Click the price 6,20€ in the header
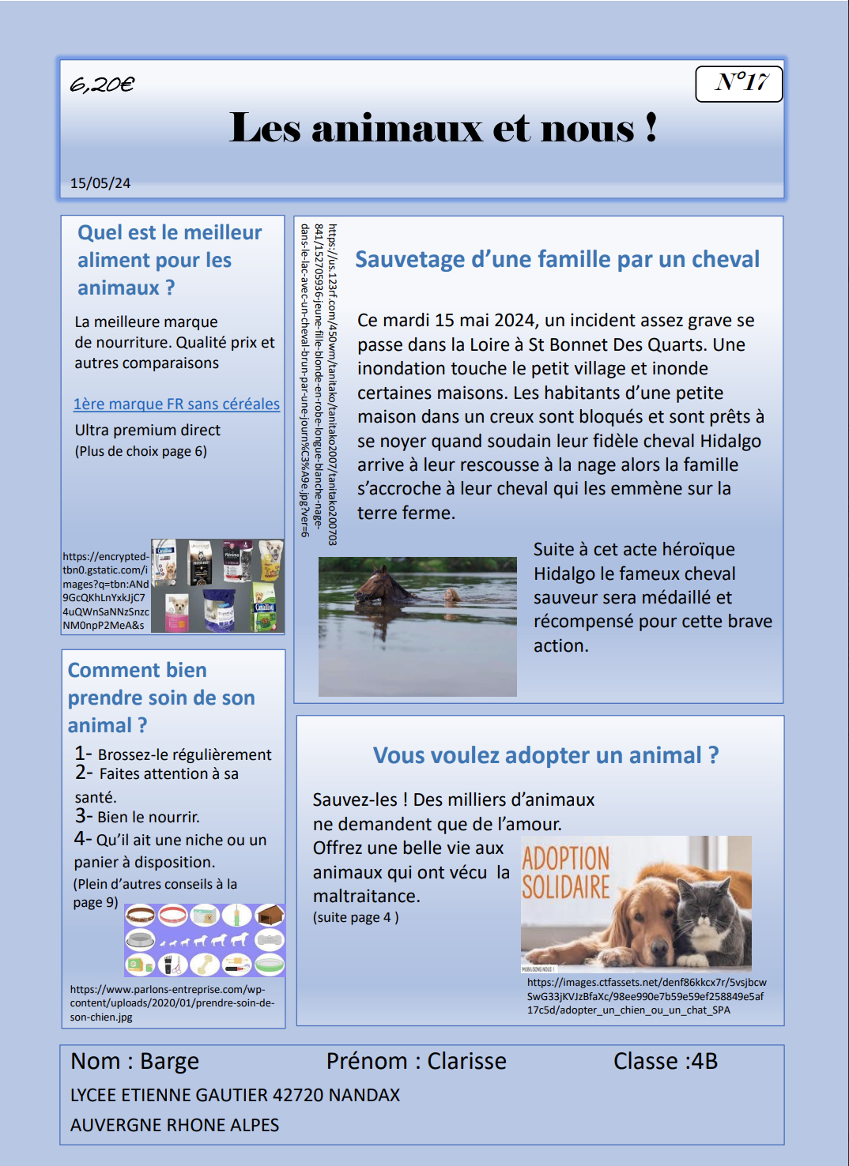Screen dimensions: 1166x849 point(102,84)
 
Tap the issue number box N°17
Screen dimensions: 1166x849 point(739,83)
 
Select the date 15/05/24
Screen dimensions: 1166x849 point(100,183)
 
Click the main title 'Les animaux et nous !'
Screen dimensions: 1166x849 point(443,128)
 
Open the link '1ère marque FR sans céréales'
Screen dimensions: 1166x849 point(176,404)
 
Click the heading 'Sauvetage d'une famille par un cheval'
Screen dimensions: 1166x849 point(557,259)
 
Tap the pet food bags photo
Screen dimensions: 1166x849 point(217,585)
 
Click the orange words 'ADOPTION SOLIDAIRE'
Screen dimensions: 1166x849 point(566,872)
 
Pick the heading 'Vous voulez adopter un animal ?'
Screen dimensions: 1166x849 point(545,755)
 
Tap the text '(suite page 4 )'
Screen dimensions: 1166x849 point(356,917)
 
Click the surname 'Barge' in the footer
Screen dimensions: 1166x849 point(169,1061)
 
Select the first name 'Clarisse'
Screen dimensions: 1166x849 point(466,1061)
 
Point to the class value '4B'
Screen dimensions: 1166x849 point(704,1061)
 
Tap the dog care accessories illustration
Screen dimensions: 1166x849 point(205,940)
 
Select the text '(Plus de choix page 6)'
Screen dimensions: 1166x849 point(141,451)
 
